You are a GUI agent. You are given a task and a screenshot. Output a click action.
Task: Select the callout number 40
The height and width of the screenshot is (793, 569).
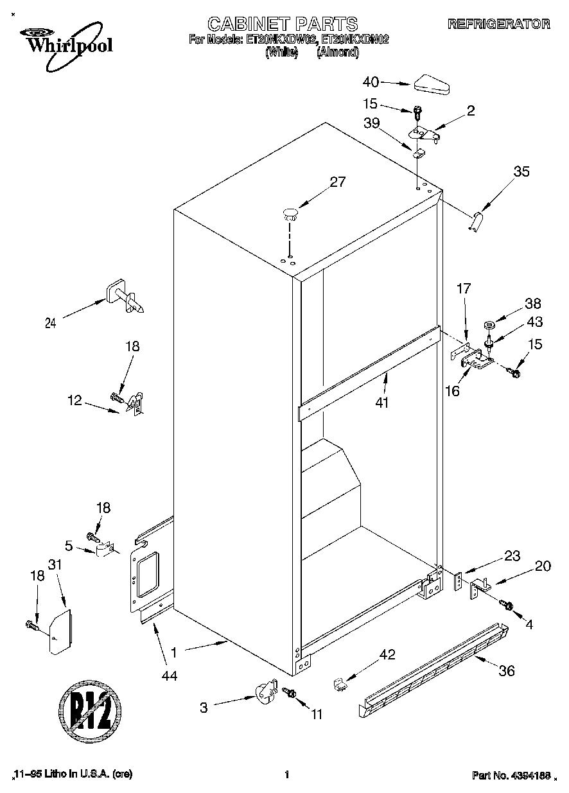(371, 82)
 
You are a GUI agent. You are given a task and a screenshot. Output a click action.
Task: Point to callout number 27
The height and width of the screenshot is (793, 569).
(337, 182)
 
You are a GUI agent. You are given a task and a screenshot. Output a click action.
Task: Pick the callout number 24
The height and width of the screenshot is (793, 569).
(50, 324)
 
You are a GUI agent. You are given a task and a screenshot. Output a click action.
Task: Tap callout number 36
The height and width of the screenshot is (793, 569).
(507, 672)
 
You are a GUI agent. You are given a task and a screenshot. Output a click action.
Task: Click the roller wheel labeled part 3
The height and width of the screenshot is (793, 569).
(262, 695)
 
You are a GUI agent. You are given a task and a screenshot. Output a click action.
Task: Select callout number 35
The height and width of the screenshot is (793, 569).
(521, 171)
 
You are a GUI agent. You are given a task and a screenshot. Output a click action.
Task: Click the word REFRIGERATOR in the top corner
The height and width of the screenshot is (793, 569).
(498, 24)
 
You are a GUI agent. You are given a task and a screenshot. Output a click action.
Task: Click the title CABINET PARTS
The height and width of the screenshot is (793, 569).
(283, 24)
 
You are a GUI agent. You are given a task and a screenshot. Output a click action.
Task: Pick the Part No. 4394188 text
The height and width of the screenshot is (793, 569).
(511, 775)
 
